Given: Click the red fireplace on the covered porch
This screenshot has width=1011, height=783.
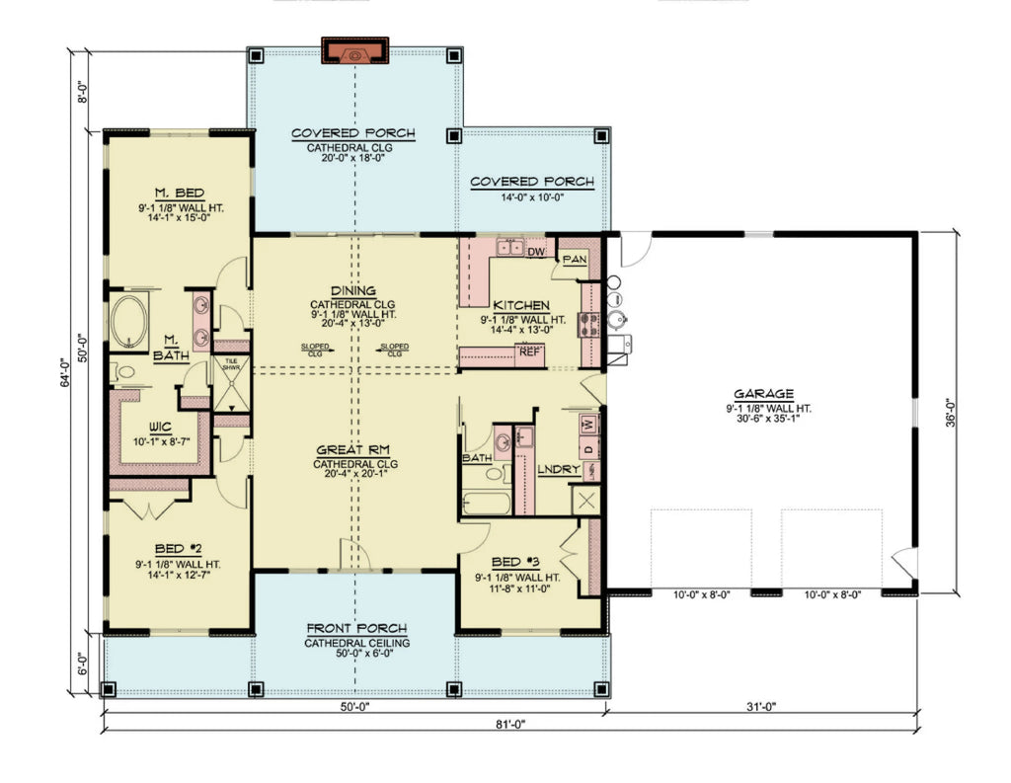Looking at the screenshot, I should (355, 52).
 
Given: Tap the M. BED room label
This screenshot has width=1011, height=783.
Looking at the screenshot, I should (179, 192).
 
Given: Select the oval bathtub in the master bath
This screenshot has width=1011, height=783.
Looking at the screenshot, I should (128, 321).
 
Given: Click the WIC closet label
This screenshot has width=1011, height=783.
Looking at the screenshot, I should (159, 426).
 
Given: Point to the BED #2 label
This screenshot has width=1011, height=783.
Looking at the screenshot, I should (179, 548).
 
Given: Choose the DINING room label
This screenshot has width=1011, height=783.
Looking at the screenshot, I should (353, 290).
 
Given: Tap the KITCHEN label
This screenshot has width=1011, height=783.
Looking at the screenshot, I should (521, 305).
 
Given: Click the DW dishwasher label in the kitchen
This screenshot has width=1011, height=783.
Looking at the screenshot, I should (537, 253).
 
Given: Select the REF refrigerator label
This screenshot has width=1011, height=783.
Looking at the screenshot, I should (529, 351).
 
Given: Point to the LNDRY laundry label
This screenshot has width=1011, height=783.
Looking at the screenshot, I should (558, 469).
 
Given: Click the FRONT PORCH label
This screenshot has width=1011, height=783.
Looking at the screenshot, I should (355, 628).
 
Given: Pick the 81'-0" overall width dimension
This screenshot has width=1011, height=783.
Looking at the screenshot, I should (509, 725).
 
